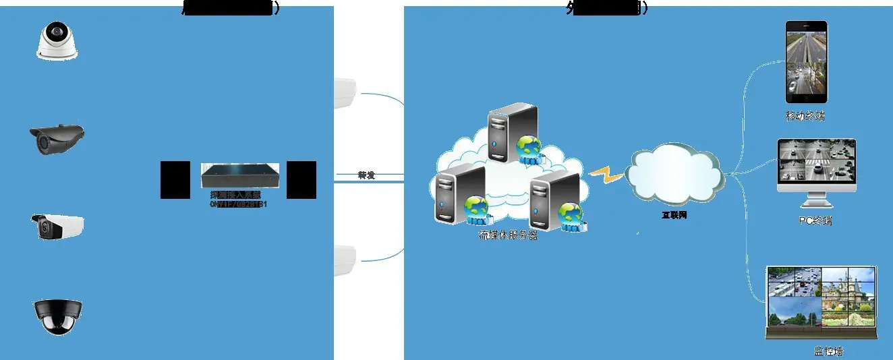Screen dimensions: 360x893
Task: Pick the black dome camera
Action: coord(58,316)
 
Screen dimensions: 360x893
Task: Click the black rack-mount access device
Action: coord(239,177)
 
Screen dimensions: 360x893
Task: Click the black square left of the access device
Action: coord(175,180)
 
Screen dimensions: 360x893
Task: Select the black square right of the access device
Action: coord(301,180)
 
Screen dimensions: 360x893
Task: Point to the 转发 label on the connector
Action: coord(366,175)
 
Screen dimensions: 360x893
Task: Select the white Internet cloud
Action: coord(674,177)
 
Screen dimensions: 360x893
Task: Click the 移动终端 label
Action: coord(805,116)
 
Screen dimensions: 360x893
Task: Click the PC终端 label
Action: coord(814,221)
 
